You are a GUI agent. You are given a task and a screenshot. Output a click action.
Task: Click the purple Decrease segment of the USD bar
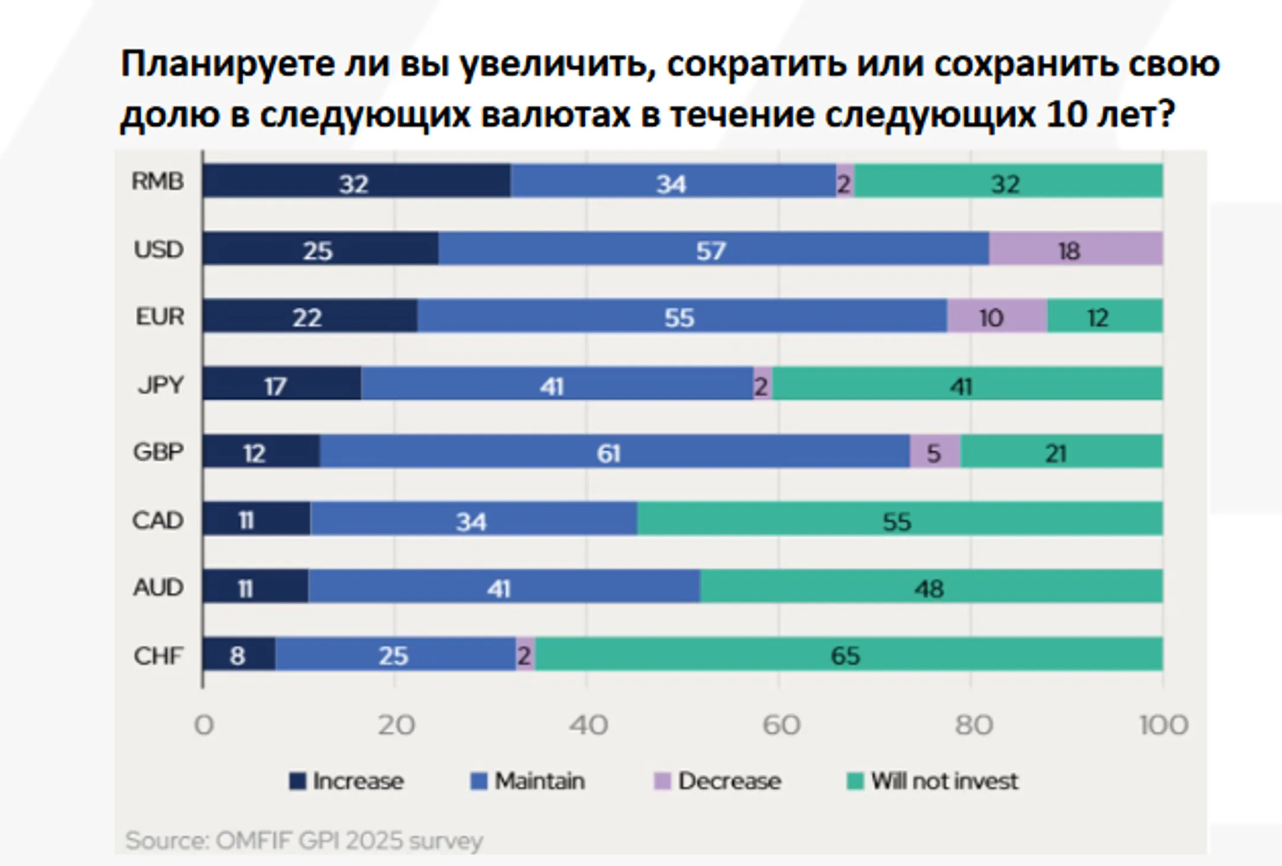click(1075, 249)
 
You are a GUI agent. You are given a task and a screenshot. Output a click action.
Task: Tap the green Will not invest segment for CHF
click(848, 654)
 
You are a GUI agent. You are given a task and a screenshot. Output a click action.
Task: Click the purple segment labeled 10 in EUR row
click(997, 316)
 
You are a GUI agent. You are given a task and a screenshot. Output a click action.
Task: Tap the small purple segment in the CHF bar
click(525, 654)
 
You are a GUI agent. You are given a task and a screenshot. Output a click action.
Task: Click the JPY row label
click(160, 385)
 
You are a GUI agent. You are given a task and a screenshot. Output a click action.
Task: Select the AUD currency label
click(158, 588)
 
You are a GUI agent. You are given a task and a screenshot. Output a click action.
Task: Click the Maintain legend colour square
click(478, 781)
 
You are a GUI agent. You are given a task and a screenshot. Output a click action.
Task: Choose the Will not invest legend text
click(944, 781)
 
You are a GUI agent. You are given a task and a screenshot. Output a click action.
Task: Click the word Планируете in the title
click(229, 64)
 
